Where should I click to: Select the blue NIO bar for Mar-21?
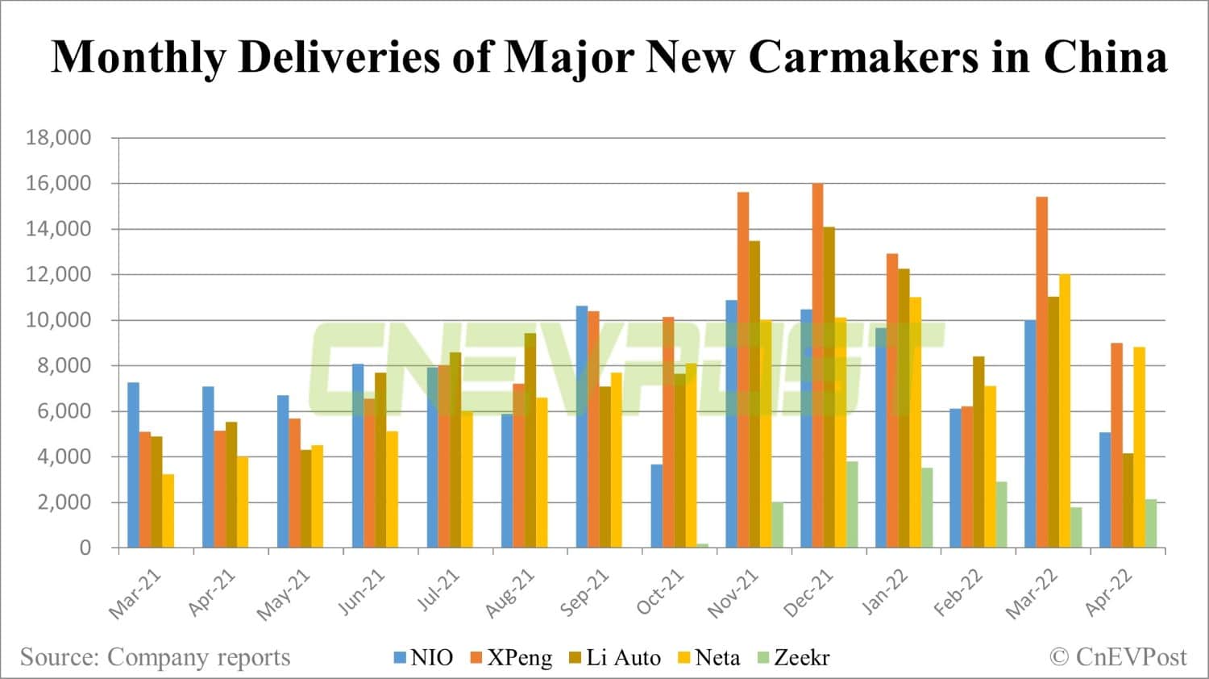(x=133, y=465)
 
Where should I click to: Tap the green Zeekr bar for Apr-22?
(x=1151, y=523)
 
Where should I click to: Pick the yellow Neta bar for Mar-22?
(x=1065, y=411)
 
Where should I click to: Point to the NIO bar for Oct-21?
(x=657, y=506)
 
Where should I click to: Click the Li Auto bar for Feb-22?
(x=978, y=452)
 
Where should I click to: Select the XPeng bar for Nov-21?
(x=743, y=370)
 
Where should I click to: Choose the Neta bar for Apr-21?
(x=243, y=502)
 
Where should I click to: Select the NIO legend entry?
(x=424, y=658)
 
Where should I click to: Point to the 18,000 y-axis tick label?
(x=58, y=138)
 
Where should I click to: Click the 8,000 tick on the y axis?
(x=64, y=366)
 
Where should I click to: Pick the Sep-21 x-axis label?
(x=585, y=593)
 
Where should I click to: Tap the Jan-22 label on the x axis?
(x=885, y=593)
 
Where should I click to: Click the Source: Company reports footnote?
(x=155, y=657)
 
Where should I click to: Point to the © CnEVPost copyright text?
(x=1118, y=657)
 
